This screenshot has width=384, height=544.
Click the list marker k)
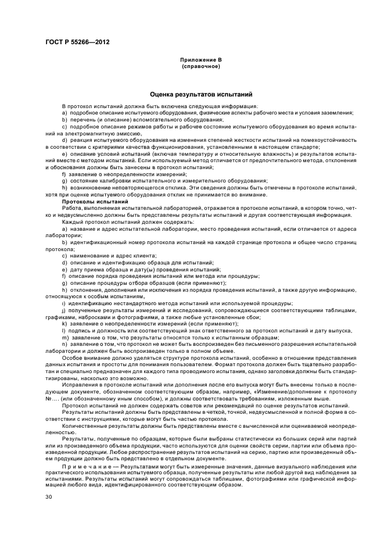pyautogui.click(x=64, y=324)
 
